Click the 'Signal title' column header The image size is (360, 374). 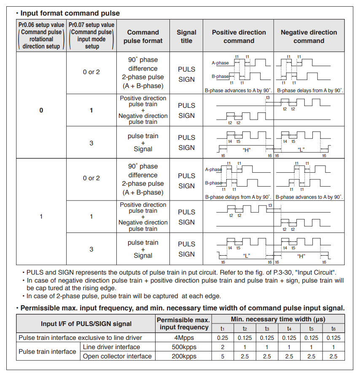[x=186, y=36]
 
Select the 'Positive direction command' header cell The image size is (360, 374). [x=239, y=36]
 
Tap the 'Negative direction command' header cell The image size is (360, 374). [x=309, y=36]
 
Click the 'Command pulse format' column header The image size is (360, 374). [x=143, y=36]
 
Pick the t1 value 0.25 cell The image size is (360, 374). [x=223, y=337]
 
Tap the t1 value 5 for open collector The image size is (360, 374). [x=223, y=356]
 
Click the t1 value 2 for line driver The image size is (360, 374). [x=223, y=347]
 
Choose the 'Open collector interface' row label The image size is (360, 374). [x=117, y=356]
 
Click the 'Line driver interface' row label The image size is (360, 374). [x=111, y=347]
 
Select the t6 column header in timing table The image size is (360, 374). [x=333, y=329]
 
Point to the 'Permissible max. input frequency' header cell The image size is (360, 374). [x=184, y=323]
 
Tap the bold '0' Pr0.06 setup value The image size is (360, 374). [x=41, y=110]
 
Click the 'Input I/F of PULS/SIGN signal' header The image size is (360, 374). [x=86, y=324]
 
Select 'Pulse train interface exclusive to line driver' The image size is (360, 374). [x=81, y=337]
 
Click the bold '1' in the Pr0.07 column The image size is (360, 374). [x=91, y=110]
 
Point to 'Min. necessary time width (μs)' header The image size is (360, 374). [x=278, y=319]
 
